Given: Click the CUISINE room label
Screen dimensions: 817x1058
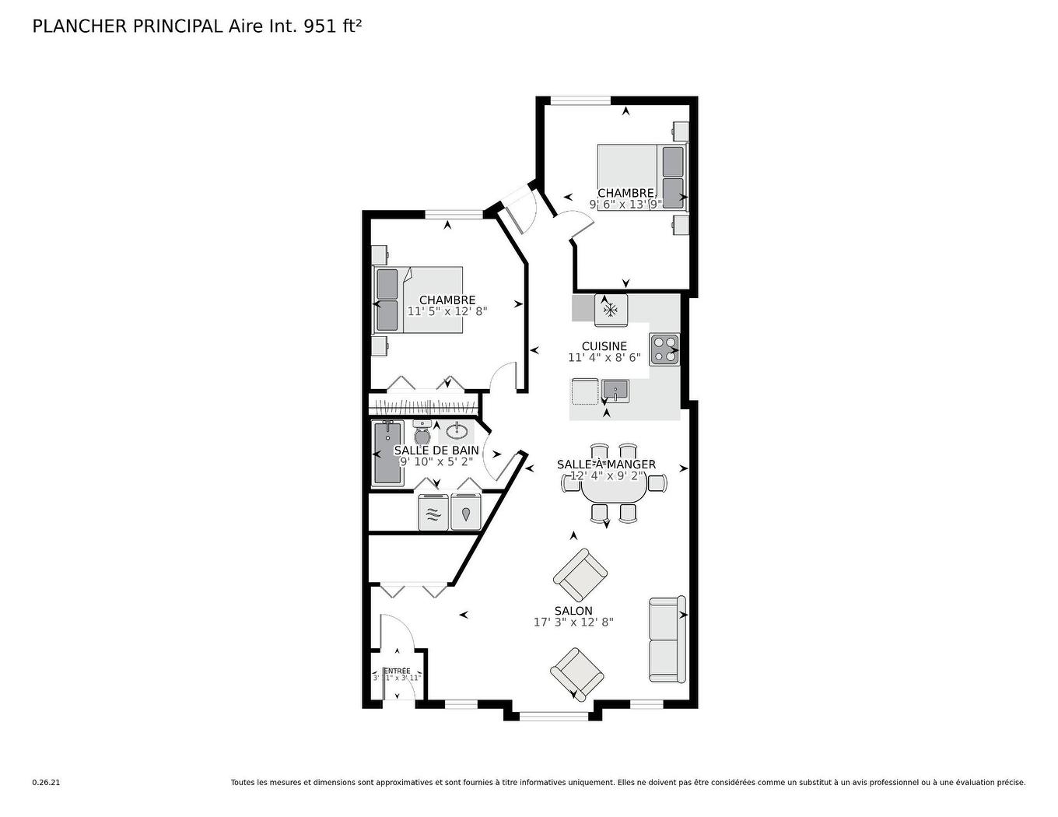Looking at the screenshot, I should click(604, 346).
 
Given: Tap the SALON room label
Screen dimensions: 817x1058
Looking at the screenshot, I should click(573, 611).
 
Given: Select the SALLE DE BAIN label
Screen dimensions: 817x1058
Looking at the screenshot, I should click(436, 451).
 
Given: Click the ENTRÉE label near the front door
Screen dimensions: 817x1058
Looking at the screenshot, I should click(397, 671).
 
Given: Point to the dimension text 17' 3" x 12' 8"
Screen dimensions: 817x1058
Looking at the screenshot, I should click(573, 622).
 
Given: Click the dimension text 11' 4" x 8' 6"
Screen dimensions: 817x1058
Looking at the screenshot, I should click(604, 358).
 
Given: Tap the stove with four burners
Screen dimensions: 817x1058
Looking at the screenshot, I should click(664, 349).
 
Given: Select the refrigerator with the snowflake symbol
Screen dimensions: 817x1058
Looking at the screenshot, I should click(611, 310).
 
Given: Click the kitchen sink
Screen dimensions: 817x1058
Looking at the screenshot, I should click(615, 389).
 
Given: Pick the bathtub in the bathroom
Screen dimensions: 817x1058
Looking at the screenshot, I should click(387, 453).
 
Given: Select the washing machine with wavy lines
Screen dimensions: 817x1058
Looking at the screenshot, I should click(433, 513).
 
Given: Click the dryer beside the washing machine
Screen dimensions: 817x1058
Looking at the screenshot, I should click(466, 513).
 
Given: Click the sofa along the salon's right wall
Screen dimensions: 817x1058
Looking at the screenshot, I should click(667, 639).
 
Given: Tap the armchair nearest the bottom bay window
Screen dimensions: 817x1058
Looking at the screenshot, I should click(576, 673).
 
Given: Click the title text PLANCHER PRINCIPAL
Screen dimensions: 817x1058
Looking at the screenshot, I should click(128, 26).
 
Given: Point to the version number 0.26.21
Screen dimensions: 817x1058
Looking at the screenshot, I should click(46, 783).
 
